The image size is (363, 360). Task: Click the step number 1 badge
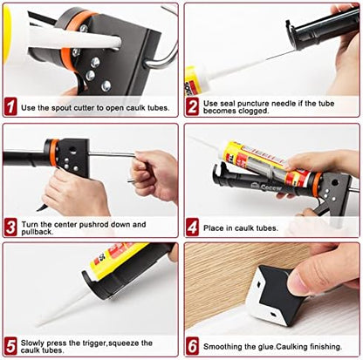[x=11, y=107]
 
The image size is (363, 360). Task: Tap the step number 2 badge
[x=192, y=107]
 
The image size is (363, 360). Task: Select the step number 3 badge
[x=11, y=228]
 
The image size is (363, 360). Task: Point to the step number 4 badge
[x=192, y=228]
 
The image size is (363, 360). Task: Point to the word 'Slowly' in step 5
[x=37, y=343]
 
